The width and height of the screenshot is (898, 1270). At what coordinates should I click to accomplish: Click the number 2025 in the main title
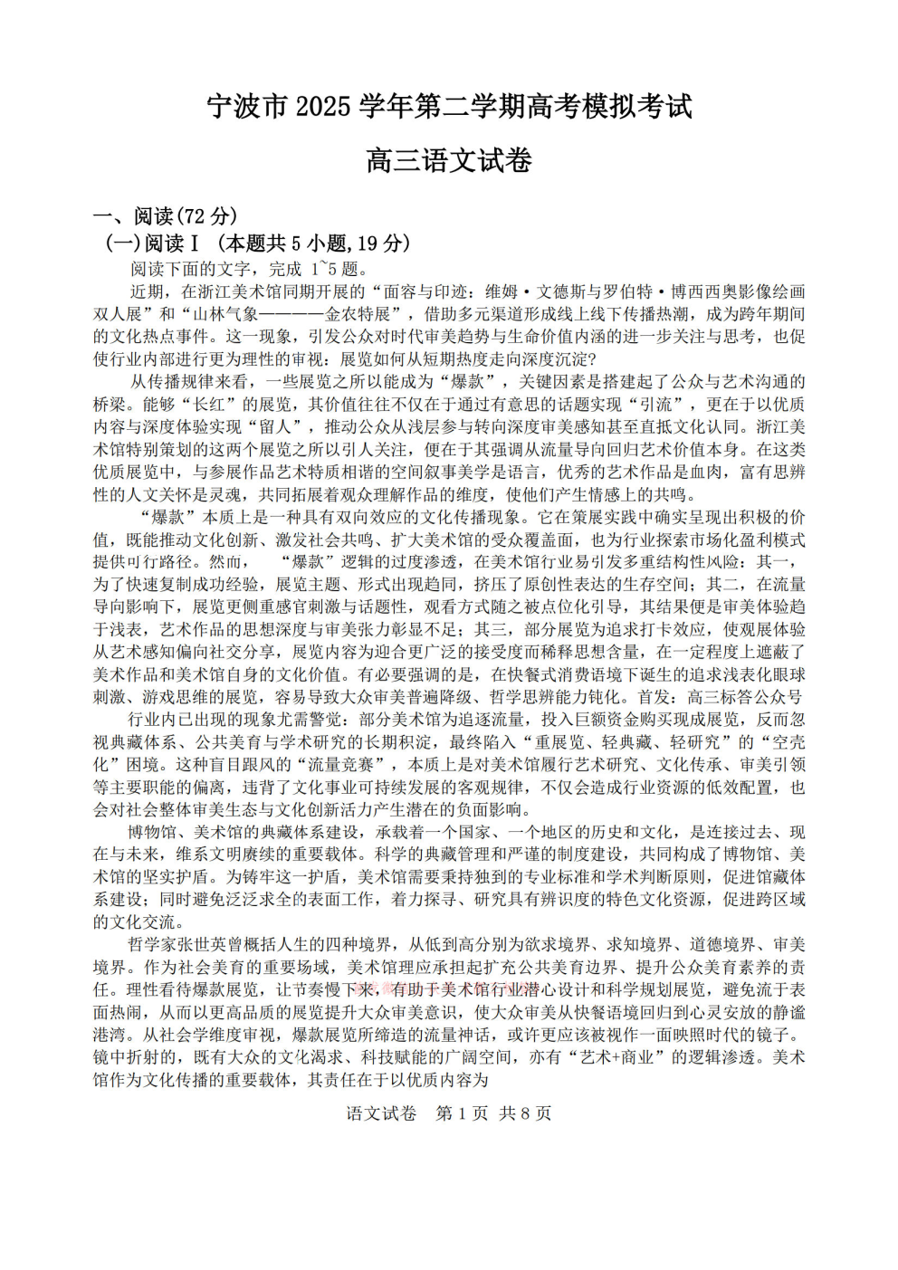[323, 107]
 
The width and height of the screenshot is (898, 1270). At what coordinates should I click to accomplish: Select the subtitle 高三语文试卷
[449, 161]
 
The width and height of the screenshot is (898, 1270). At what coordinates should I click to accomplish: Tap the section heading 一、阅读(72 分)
[166, 216]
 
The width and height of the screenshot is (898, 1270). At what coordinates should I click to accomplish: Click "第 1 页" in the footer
[462, 1113]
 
